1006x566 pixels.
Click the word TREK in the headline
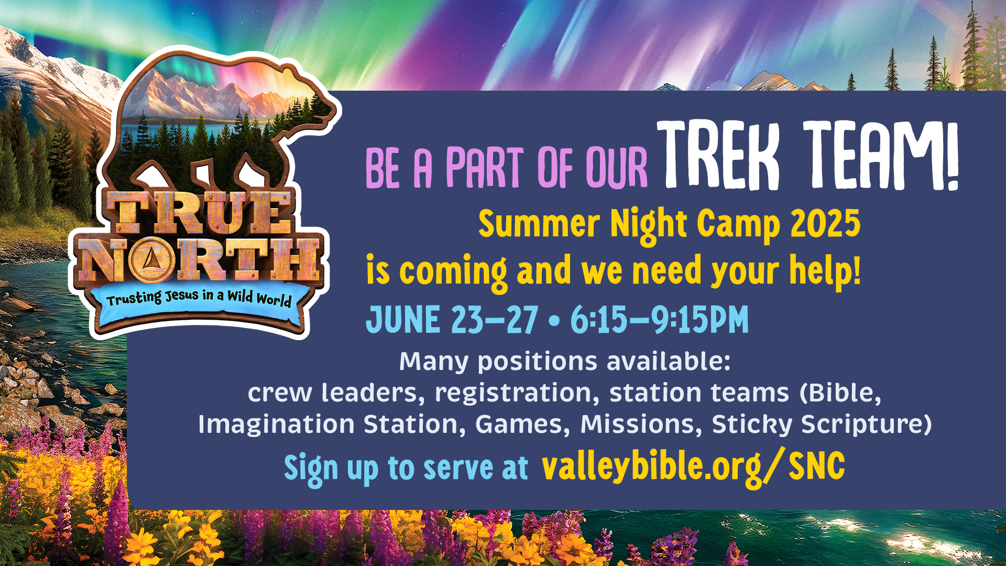click(x=718, y=156)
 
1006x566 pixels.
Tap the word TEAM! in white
click(x=881, y=156)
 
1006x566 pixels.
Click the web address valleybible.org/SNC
click(x=693, y=466)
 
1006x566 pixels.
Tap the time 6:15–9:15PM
click(x=659, y=319)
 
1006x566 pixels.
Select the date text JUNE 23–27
click(x=452, y=319)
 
